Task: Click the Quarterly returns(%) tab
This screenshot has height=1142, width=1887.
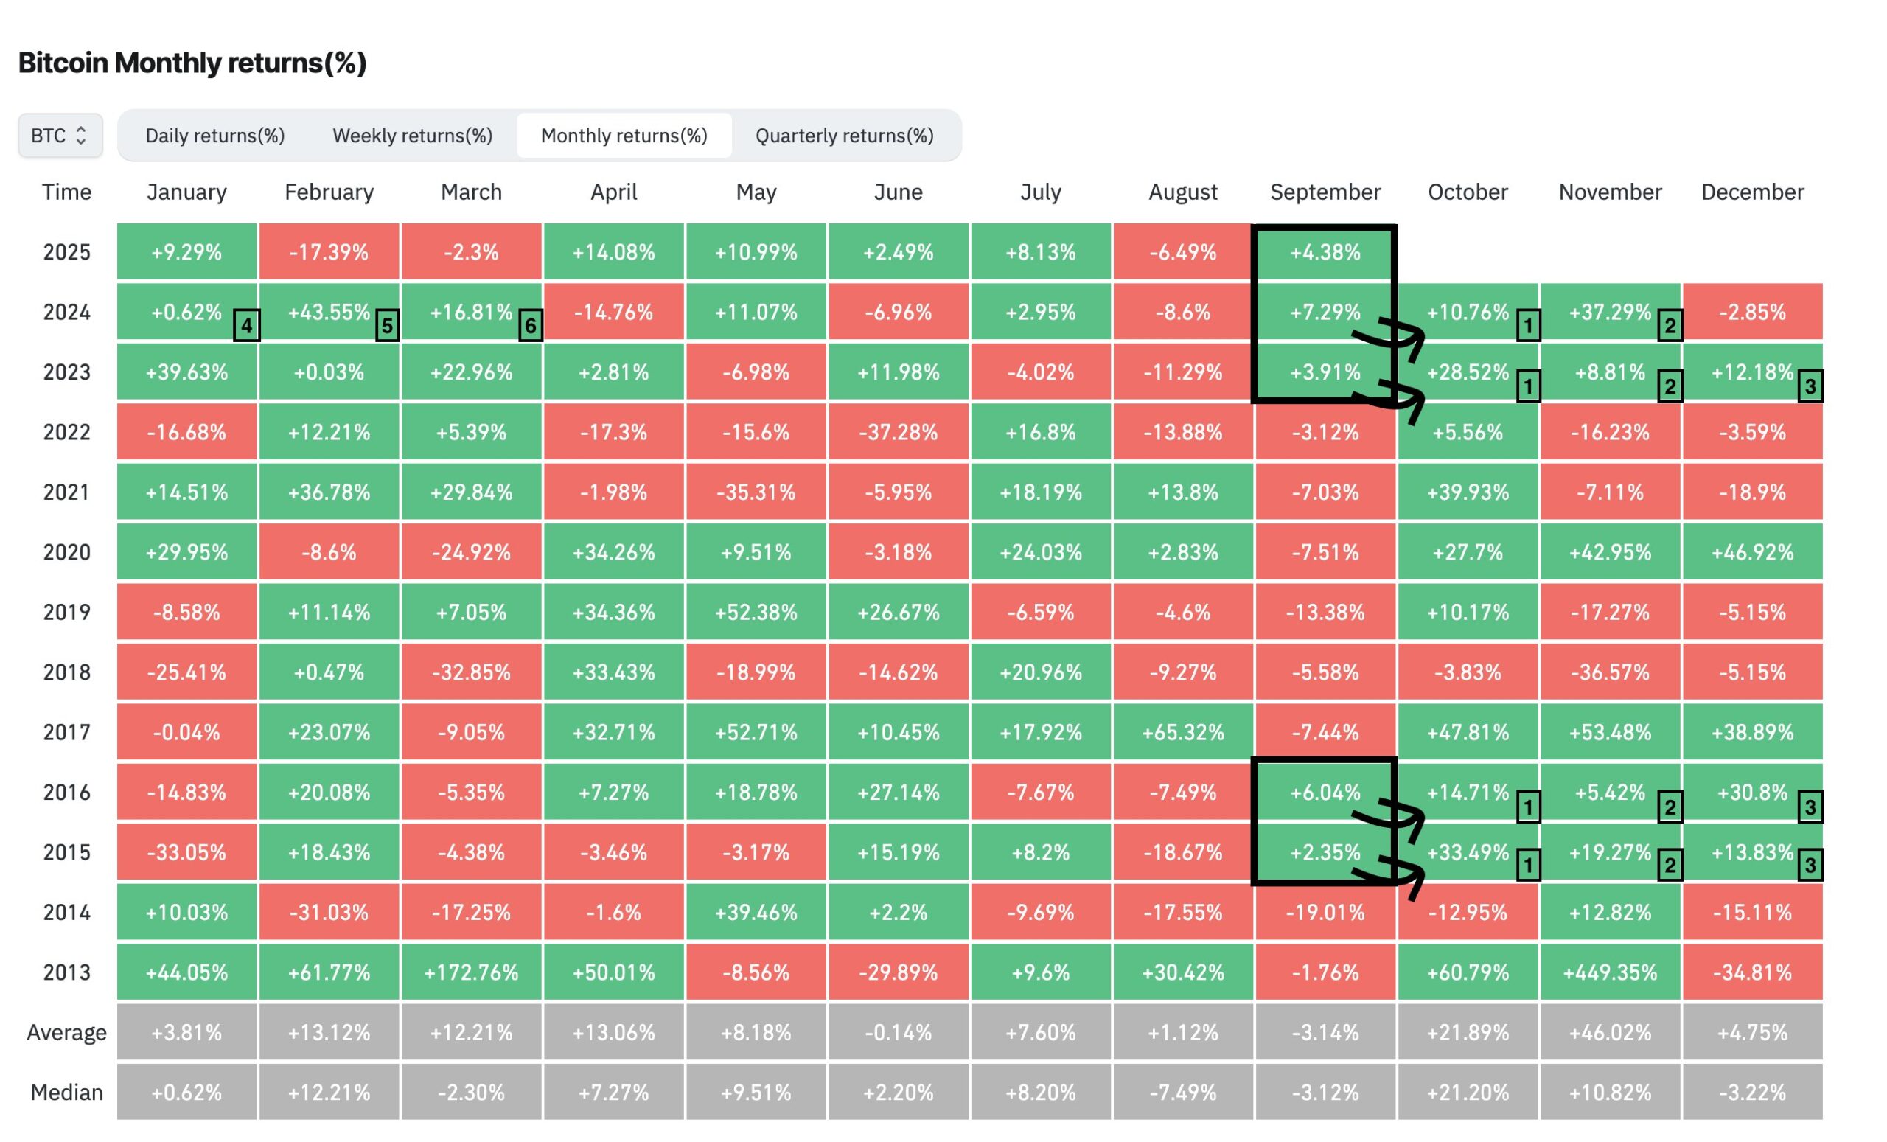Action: [x=844, y=136]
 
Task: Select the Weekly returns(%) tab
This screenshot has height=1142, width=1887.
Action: [x=412, y=136]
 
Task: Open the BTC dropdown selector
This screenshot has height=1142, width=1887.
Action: [x=60, y=136]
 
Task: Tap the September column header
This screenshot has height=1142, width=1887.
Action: [x=1325, y=192]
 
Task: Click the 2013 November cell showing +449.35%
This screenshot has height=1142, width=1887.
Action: [x=1610, y=972]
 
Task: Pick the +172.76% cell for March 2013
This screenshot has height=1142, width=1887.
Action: [x=471, y=972]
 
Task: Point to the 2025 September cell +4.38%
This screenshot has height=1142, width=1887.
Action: [x=1325, y=252]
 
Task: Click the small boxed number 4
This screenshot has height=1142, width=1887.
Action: [x=247, y=326]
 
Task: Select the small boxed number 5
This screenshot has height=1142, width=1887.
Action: [x=388, y=326]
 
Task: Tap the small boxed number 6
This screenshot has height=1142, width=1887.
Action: [x=531, y=326]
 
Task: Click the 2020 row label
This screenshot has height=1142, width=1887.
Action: [x=66, y=552]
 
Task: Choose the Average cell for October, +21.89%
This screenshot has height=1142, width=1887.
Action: [x=1468, y=1032]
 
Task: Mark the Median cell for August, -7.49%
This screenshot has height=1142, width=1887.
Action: [x=1182, y=1092]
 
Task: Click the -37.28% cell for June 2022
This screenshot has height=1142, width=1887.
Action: [x=898, y=432]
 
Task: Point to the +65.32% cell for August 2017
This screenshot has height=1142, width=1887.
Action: [x=1182, y=732]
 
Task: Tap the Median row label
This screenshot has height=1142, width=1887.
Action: [x=66, y=1092]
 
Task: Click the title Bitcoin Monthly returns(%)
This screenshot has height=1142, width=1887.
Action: [x=192, y=63]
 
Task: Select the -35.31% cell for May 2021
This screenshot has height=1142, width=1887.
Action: [x=756, y=492]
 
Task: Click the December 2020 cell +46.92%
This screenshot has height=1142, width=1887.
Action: [x=1752, y=552]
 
